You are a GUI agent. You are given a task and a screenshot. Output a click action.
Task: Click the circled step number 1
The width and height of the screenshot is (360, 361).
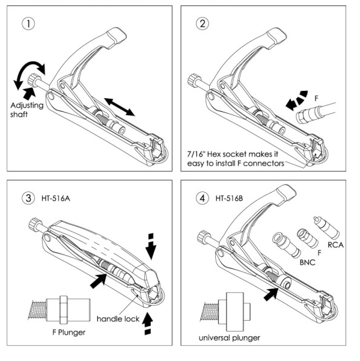28,23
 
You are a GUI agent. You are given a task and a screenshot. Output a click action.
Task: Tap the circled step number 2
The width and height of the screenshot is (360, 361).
203,23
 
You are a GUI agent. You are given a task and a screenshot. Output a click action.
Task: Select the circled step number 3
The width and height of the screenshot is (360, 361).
28,198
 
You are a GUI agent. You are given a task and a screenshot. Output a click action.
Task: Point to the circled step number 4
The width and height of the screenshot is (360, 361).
203,198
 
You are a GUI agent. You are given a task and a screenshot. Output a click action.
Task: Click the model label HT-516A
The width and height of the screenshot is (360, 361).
56,199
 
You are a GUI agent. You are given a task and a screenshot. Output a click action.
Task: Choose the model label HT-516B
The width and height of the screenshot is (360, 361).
230,199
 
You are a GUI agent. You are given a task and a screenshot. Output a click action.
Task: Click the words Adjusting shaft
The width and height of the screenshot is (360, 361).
26,110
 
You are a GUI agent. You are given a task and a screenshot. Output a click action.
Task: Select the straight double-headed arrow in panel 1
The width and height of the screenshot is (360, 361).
120,107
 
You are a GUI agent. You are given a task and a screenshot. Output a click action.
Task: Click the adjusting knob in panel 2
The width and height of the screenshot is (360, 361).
194,79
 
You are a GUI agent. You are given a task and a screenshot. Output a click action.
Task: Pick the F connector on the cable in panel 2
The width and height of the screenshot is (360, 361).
309,114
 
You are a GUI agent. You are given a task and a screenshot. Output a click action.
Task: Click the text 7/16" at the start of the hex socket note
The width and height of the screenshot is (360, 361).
195,153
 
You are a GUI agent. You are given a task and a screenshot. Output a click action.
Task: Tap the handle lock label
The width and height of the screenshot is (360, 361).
118,319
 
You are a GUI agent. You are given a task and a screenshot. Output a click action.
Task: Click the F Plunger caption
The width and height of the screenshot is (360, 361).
69,333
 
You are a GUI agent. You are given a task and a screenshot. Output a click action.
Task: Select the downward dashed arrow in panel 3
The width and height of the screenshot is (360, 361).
151,246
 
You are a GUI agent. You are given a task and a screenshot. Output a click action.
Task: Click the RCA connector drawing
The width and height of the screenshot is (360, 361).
326,227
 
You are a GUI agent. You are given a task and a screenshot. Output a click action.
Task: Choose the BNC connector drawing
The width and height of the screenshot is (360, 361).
286,245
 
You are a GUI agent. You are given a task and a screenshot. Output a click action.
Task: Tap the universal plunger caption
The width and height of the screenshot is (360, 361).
230,338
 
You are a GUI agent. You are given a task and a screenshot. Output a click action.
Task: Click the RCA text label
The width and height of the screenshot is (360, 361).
335,245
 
